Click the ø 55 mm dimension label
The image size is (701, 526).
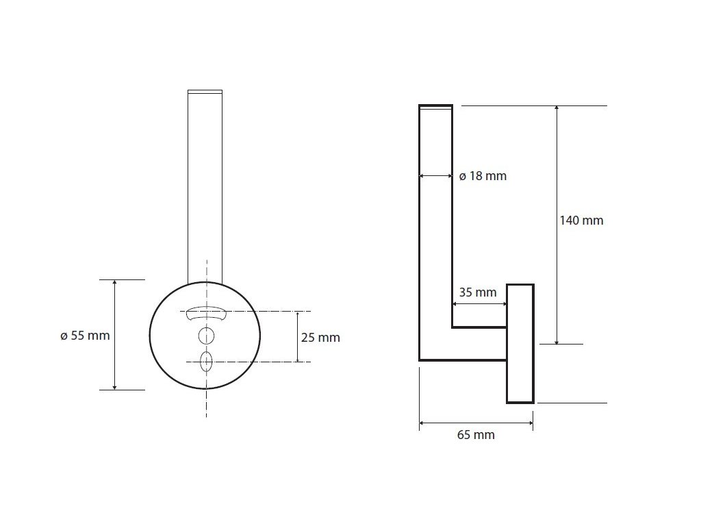tap(85, 336)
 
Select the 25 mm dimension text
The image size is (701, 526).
tap(320, 337)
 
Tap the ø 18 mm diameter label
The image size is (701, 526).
tap(483, 176)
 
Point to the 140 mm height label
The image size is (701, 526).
tap(582, 220)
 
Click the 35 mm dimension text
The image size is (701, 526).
tap(478, 292)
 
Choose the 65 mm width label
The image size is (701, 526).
tap(476, 435)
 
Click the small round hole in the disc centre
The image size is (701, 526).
tap(206, 336)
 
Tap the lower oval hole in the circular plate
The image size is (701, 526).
tap(206, 362)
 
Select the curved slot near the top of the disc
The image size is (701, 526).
tap(206, 313)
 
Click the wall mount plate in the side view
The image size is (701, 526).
tap(520, 344)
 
